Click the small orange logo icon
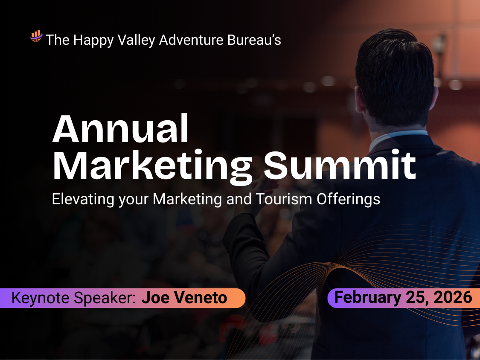pos(36,36)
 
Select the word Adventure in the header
pos(191,40)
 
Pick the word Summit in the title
pos(340,165)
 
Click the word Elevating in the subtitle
pos(83,199)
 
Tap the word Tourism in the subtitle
pos(284,199)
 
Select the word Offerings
pos(348,199)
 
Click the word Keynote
pos(41,298)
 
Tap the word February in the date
pos(368,298)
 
